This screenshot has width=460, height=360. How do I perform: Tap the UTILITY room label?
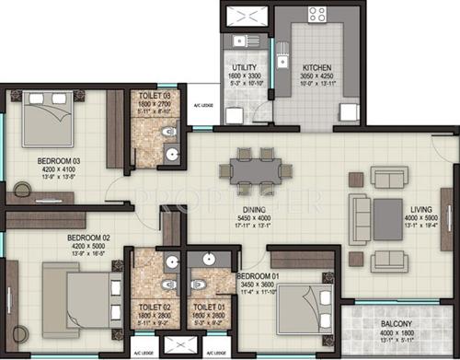coord(244,67)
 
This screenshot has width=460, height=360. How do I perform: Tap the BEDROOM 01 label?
coord(258,275)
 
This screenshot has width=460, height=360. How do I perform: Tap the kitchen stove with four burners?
coord(318,15)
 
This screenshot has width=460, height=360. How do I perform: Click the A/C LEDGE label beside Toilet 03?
coord(203,106)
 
